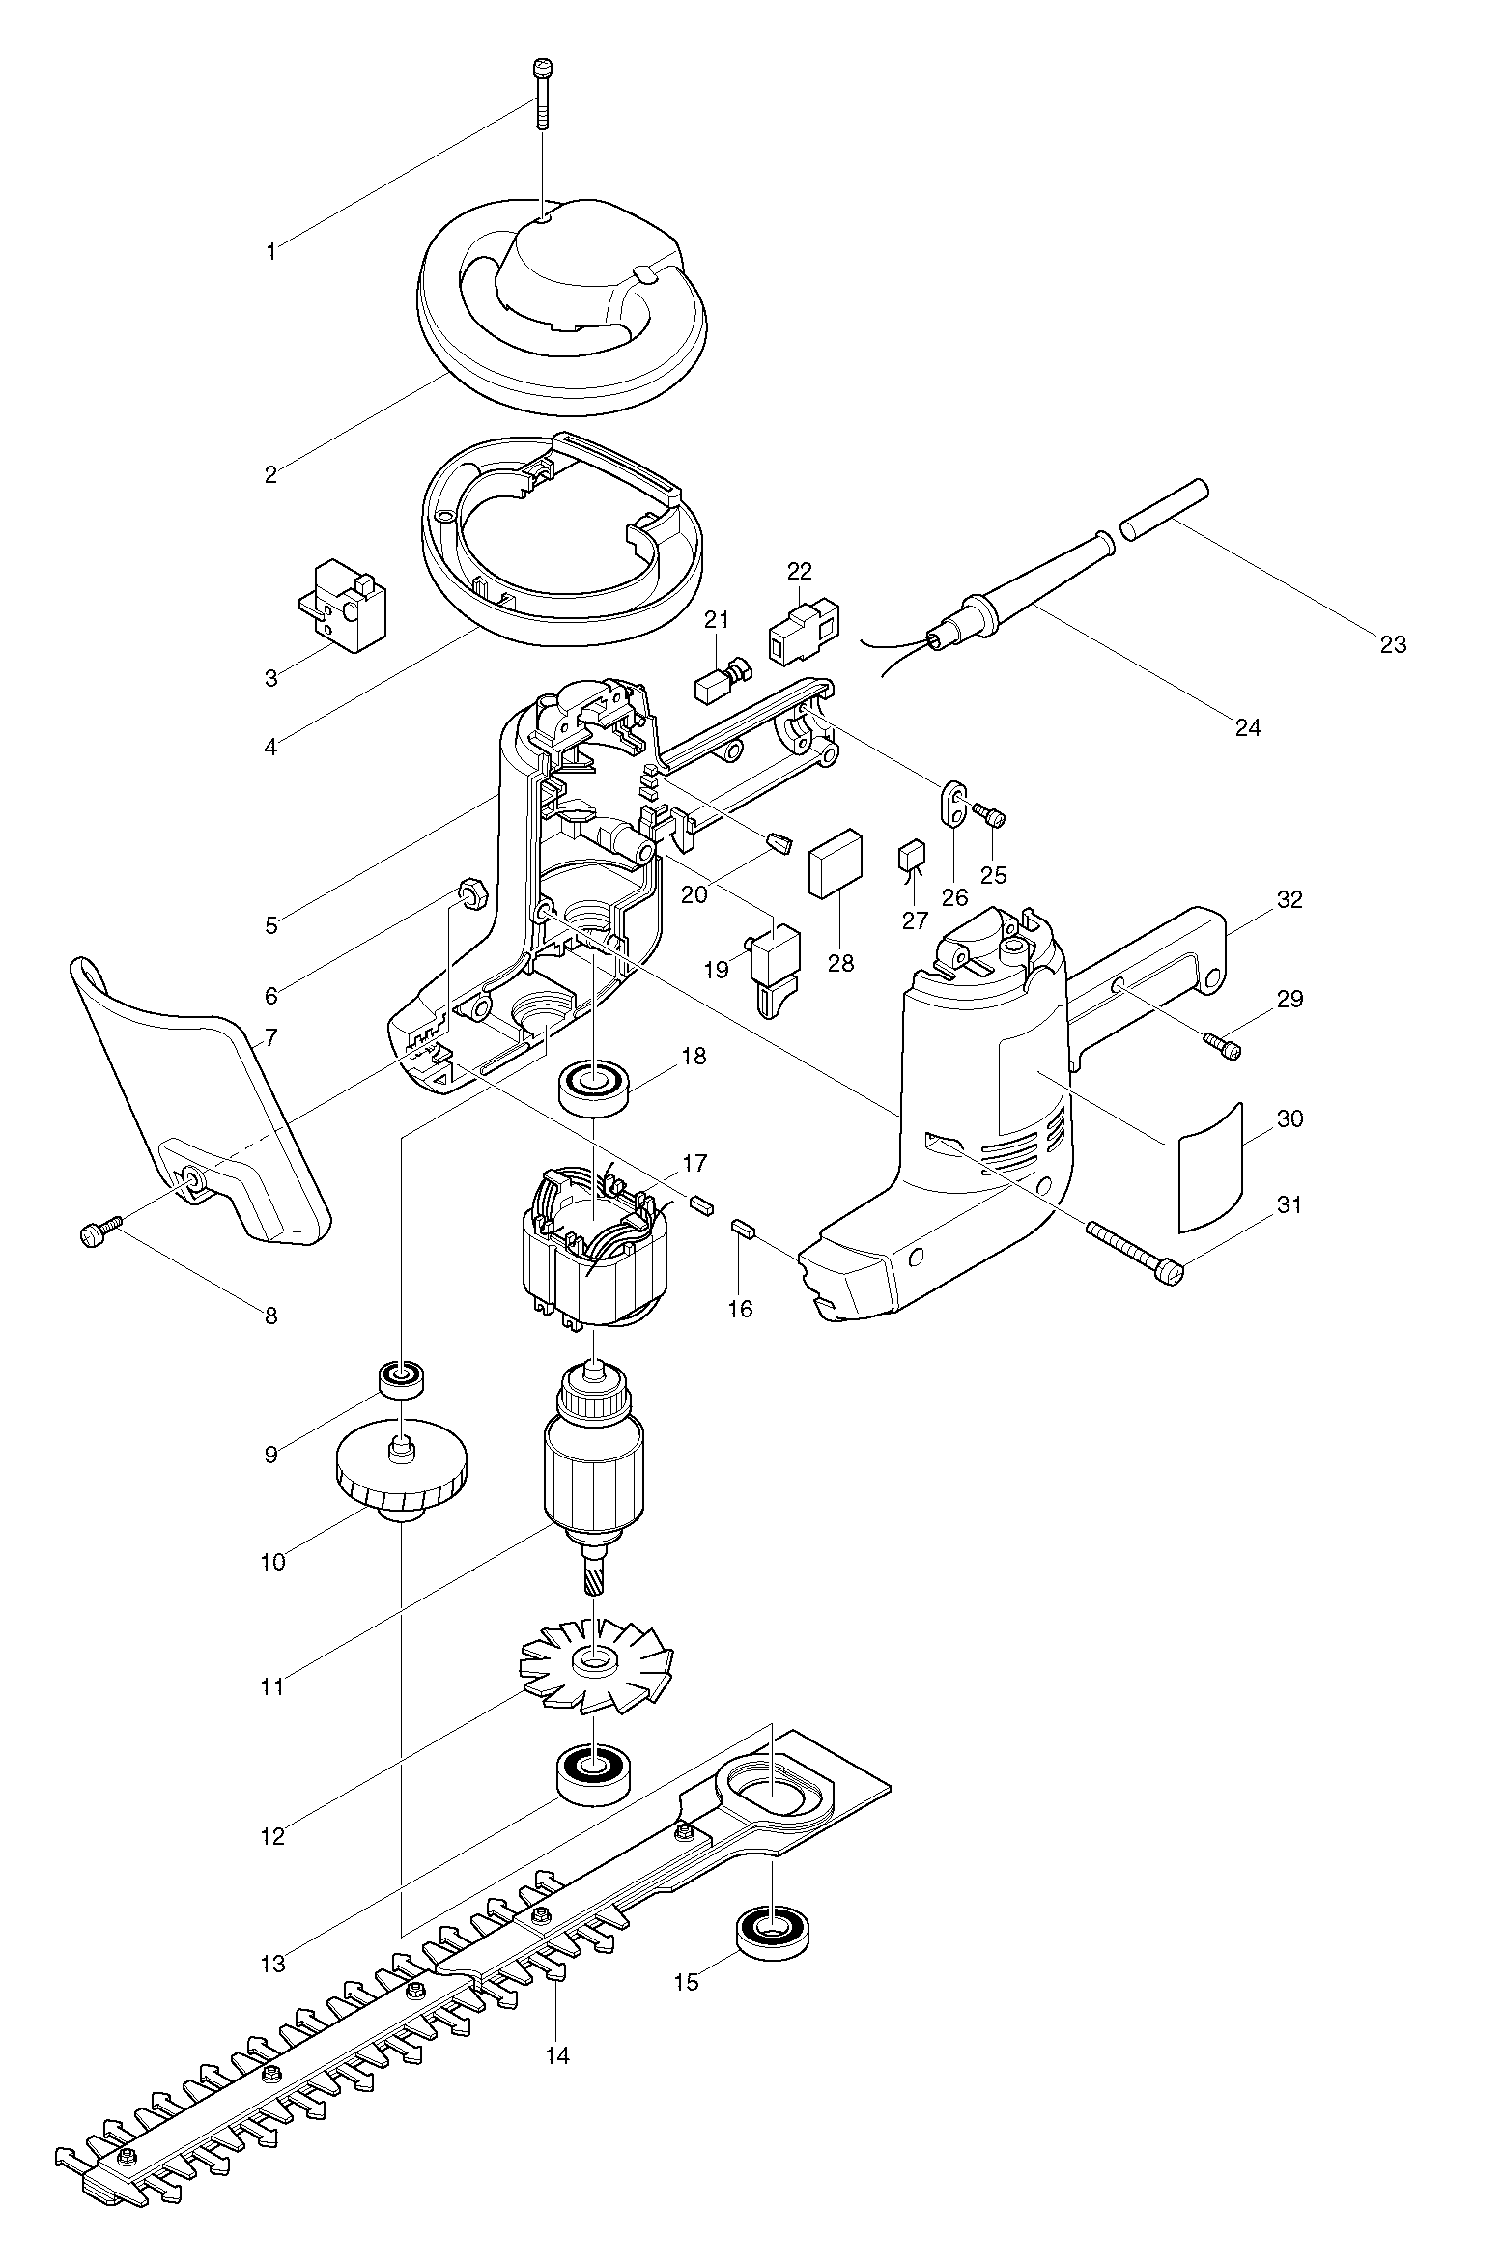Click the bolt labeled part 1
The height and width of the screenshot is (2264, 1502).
tap(541, 94)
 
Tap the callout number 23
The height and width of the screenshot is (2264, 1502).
tap(1393, 644)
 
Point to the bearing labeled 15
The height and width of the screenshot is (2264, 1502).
tap(773, 1931)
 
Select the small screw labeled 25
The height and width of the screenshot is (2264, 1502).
tap(993, 817)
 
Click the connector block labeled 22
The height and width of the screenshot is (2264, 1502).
tap(803, 633)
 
